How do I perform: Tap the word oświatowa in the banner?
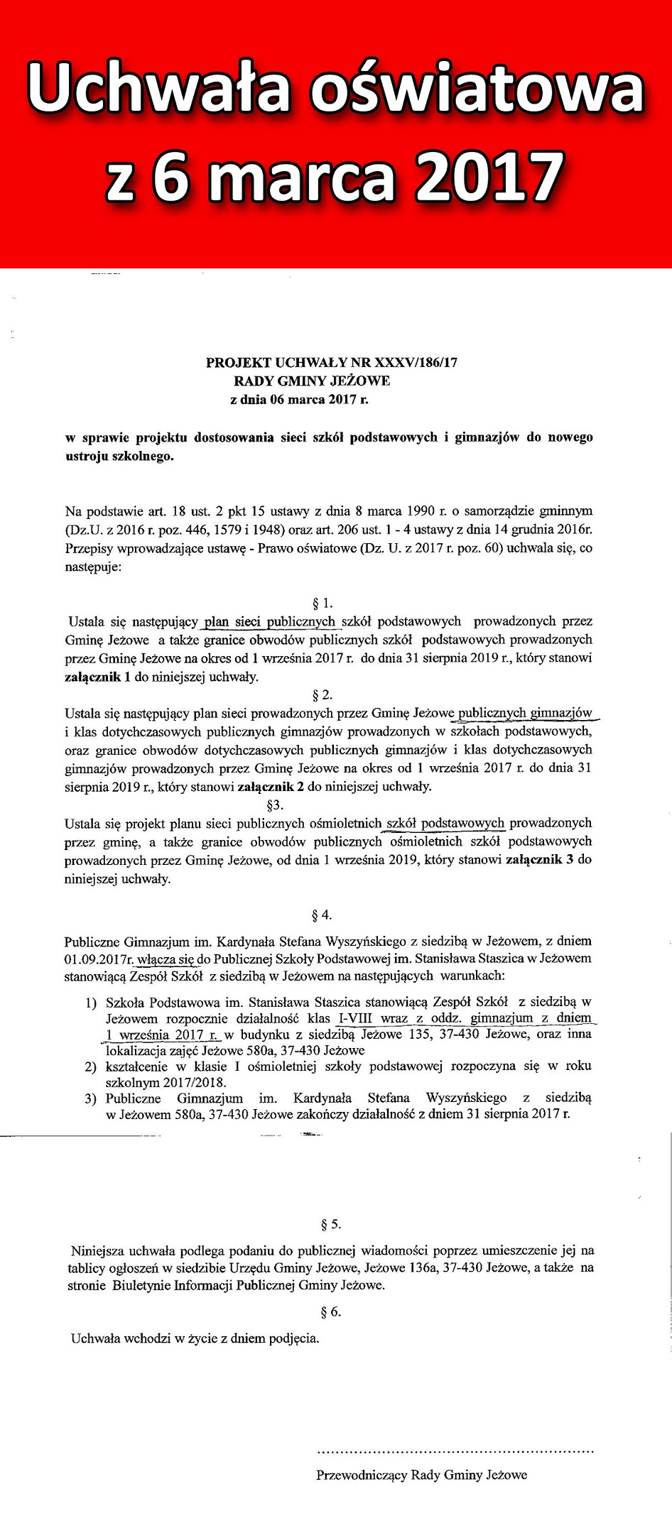pyautogui.click(x=477, y=89)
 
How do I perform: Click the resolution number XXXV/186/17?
pyautogui.click(x=416, y=363)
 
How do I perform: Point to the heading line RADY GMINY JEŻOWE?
pyautogui.click(x=312, y=381)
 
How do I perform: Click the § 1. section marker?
pyautogui.click(x=323, y=604)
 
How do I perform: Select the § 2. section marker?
pyautogui.click(x=323, y=695)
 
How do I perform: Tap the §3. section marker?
pyautogui.click(x=274, y=805)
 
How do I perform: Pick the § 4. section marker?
pyautogui.click(x=323, y=915)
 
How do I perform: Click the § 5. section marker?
pyautogui.click(x=331, y=1225)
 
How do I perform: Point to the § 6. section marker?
pyautogui.click(x=331, y=1312)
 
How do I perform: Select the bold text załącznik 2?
pyautogui.click(x=271, y=787)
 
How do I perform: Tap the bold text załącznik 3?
pyautogui.click(x=539, y=860)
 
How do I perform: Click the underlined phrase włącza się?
pyautogui.click(x=166, y=959)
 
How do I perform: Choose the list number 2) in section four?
pyautogui.click(x=91, y=1066)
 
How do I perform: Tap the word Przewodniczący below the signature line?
pyautogui.click(x=362, y=1475)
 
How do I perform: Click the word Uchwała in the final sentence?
pyautogui.click(x=96, y=1339)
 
